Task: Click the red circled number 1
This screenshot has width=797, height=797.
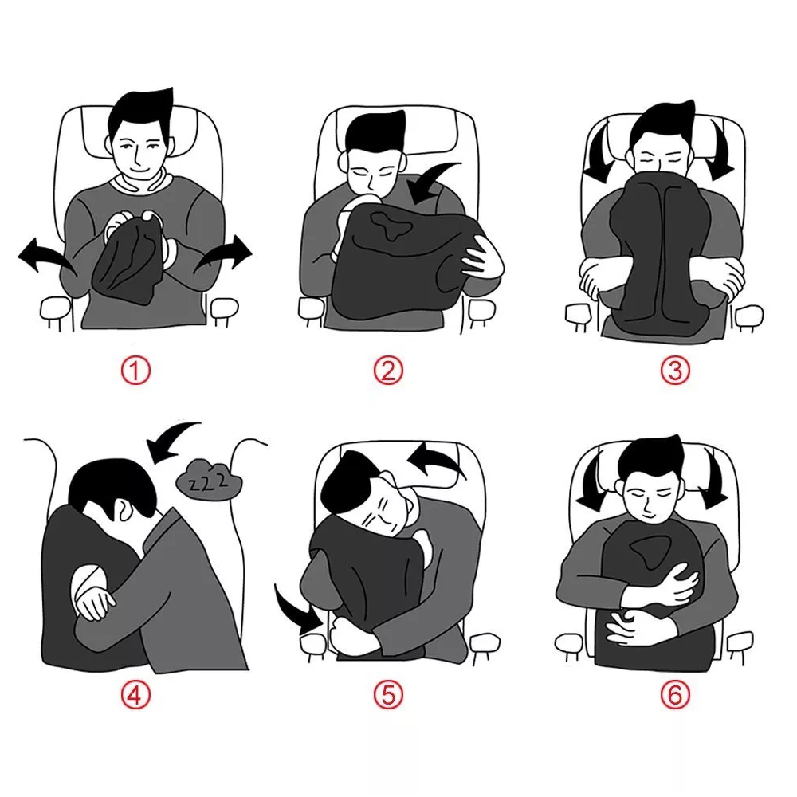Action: pos(135,370)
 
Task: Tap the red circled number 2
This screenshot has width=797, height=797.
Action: pos(388,370)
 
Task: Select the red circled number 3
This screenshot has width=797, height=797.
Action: pos(675,370)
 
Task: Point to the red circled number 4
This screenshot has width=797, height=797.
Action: pos(135,694)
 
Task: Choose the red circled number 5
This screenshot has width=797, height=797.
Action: pos(388,694)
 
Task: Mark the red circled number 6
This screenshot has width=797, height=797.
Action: pos(675,694)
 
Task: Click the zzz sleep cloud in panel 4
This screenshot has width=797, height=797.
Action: pos(208,478)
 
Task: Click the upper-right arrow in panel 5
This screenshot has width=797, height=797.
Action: pos(437,456)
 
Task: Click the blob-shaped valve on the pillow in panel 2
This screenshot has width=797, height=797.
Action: pos(390,224)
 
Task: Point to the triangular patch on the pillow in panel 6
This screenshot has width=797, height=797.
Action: pos(649,551)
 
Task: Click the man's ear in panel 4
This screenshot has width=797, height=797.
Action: pos(124,509)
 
